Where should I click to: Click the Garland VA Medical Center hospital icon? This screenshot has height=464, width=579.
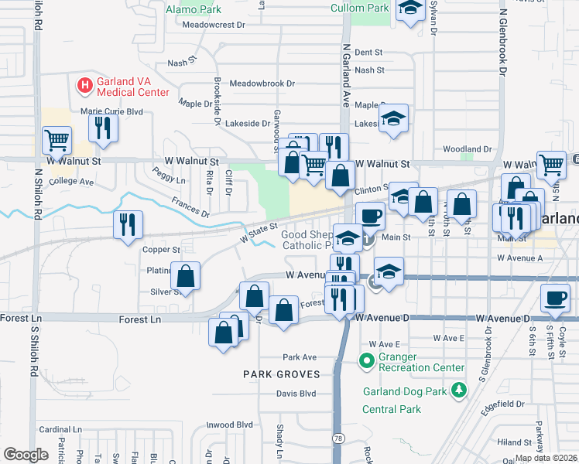(x=84, y=84)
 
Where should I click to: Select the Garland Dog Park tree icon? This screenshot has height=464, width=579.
(x=460, y=391)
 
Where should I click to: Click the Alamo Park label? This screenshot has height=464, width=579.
(x=194, y=10)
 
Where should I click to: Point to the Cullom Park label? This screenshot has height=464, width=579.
(x=359, y=9)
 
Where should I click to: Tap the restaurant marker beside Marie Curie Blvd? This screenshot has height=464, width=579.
(x=102, y=128)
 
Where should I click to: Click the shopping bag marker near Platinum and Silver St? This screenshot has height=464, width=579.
(x=186, y=275)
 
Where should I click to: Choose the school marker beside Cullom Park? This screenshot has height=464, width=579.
(x=410, y=10)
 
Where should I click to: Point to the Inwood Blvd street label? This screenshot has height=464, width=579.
(x=229, y=425)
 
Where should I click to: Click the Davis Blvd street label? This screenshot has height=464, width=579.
(x=296, y=393)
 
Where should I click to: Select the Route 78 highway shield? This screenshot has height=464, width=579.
(x=338, y=438)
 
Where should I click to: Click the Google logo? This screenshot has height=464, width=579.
(x=26, y=454)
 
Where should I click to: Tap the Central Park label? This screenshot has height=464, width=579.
(x=392, y=408)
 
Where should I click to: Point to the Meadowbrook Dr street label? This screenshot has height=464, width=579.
(x=262, y=83)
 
